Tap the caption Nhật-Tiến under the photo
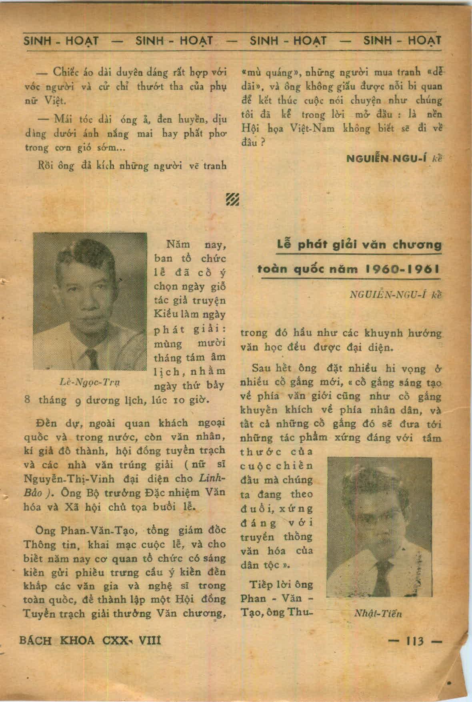(x=378, y=614)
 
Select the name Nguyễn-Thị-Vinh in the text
(x=69, y=479)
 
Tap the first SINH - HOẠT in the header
(x=61, y=40)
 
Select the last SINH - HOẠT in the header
(x=402, y=40)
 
